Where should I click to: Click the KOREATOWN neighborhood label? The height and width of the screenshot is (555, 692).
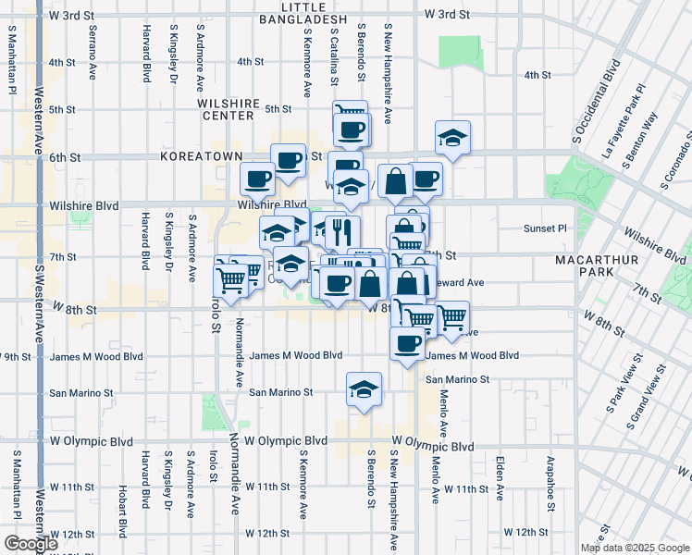pyautogui.click(x=201, y=157)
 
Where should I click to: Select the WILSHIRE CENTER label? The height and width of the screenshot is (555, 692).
pyautogui.click(x=226, y=110)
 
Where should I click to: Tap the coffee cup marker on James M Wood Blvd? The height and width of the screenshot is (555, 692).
pyautogui.click(x=405, y=345)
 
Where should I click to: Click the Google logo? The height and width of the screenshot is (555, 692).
pyautogui.click(x=31, y=544)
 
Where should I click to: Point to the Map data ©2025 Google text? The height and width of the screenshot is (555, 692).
pyautogui.click(x=635, y=548)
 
